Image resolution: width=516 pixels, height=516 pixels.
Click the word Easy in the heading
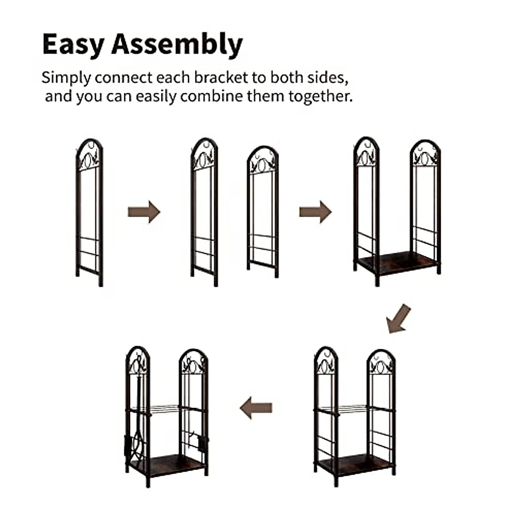[73, 44]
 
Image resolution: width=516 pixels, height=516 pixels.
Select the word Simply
[66, 78]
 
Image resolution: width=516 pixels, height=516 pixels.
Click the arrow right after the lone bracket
[144, 212]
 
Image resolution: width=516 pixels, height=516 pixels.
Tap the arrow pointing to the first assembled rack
[315, 212]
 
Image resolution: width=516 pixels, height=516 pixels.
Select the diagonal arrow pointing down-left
[398, 318]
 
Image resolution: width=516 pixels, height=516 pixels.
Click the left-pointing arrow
[256, 408]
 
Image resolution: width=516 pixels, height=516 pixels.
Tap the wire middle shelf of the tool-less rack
[353, 408]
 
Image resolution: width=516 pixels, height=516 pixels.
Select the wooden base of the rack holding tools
[168, 464]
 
